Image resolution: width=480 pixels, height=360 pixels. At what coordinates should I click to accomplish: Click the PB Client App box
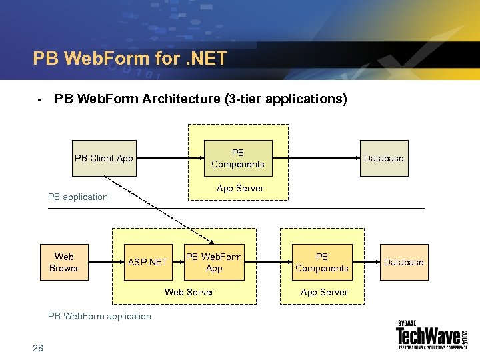tap(104, 158)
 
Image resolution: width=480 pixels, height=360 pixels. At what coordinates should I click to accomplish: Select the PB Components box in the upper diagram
tap(238, 158)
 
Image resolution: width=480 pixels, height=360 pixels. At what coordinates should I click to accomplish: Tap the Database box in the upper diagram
tap(384, 158)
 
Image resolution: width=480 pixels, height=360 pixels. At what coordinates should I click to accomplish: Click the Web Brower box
tap(64, 262)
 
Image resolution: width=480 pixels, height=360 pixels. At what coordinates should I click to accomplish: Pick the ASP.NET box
tap(148, 262)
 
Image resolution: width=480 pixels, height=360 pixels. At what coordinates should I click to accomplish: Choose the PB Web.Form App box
tap(214, 262)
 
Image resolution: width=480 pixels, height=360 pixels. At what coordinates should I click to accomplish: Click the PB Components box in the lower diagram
tap(322, 262)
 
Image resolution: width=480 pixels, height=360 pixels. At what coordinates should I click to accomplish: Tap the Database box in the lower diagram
tap(404, 262)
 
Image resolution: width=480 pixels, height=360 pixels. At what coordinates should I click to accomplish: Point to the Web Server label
tap(189, 292)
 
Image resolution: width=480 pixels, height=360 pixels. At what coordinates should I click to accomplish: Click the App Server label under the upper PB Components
tap(240, 188)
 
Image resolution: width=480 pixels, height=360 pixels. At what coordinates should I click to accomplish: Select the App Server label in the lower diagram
tap(324, 292)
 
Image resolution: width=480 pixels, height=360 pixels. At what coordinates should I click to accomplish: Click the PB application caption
tap(78, 197)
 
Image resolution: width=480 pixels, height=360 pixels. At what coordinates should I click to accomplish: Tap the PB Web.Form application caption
tap(100, 316)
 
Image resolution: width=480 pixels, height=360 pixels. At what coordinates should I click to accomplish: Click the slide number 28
tap(37, 347)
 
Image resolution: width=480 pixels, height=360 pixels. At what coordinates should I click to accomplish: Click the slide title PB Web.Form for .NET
tap(130, 59)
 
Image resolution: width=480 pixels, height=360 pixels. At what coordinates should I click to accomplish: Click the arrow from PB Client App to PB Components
tap(170, 158)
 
